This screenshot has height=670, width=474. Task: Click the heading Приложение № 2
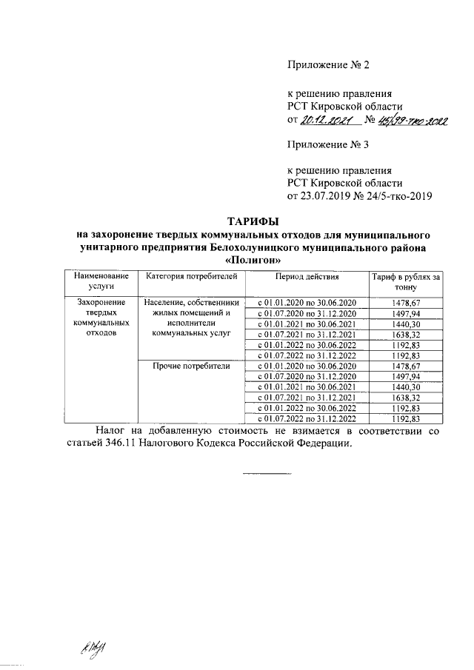(327, 64)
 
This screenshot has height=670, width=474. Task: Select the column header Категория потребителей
(190, 277)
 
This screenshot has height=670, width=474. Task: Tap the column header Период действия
(306, 277)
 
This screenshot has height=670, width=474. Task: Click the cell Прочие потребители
(190, 366)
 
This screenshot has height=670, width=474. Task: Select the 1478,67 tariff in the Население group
(406, 303)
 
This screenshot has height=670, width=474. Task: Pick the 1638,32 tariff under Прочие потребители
(406, 398)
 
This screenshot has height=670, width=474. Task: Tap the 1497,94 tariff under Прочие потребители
(406, 376)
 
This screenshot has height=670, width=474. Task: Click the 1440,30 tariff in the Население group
(406, 324)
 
